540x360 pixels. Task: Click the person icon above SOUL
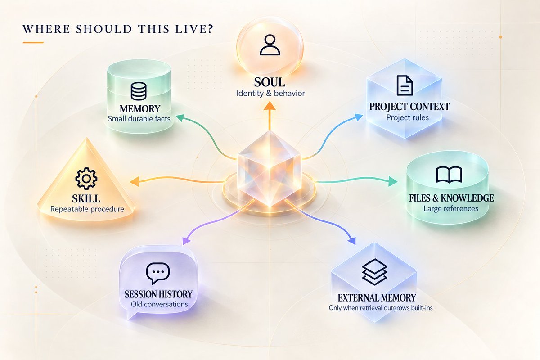click(x=270, y=45)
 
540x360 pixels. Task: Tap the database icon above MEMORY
click(x=139, y=91)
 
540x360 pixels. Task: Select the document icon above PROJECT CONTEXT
click(x=405, y=85)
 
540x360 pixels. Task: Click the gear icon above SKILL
click(x=86, y=179)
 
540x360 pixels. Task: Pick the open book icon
click(x=449, y=175)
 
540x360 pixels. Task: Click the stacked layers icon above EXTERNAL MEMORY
click(x=374, y=272)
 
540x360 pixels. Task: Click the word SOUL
click(x=270, y=82)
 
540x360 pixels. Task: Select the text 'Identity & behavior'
click(x=270, y=93)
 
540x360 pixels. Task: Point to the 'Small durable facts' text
click(x=139, y=119)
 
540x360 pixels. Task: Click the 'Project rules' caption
click(x=408, y=117)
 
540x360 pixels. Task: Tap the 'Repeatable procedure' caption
click(x=87, y=209)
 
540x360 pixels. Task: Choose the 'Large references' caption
click(x=451, y=208)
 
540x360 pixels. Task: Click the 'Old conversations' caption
click(x=159, y=304)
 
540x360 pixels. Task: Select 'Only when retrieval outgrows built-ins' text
click(x=381, y=308)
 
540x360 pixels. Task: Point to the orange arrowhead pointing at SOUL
click(x=270, y=106)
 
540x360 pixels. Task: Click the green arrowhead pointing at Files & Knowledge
click(x=392, y=181)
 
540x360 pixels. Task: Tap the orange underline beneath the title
click(x=33, y=43)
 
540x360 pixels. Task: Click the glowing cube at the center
click(x=270, y=169)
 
